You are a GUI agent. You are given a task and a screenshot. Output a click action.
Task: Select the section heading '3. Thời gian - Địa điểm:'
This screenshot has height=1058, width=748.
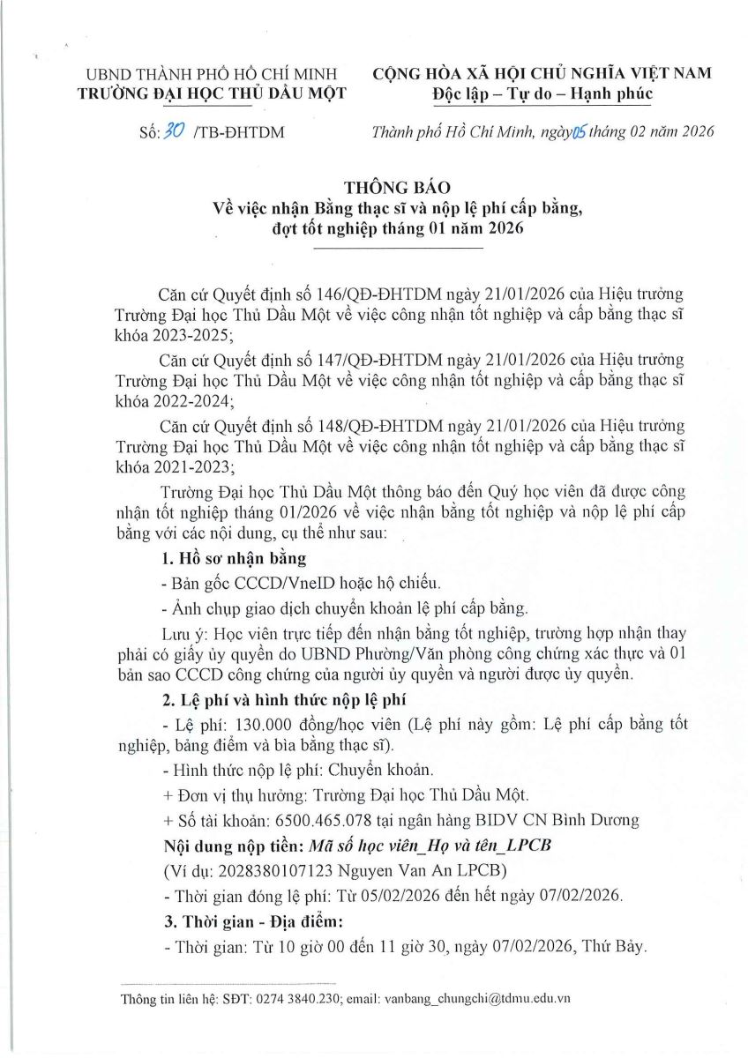point(245,921)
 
